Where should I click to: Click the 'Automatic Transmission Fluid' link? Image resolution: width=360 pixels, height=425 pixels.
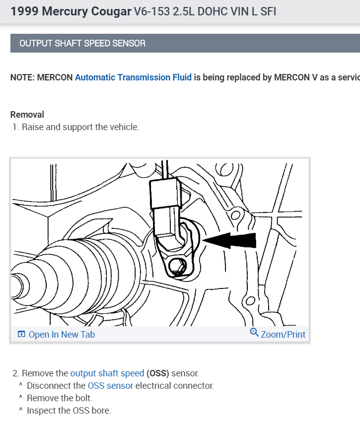(x=133, y=77)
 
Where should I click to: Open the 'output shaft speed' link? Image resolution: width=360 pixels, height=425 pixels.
(x=107, y=373)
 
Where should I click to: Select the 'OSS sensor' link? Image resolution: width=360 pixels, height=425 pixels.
(x=110, y=385)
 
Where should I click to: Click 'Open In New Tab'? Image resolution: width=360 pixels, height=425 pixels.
(x=62, y=335)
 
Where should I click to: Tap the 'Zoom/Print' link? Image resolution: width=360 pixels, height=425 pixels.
(x=283, y=334)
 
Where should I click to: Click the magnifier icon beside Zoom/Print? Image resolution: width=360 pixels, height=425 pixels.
(x=254, y=333)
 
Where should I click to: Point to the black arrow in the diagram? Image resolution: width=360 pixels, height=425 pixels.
(x=229, y=241)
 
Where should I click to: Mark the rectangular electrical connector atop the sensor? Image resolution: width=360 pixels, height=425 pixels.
(x=165, y=193)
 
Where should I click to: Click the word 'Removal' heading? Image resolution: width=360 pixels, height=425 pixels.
(x=27, y=115)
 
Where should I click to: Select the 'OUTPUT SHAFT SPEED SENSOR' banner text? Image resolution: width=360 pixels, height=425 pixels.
(x=82, y=43)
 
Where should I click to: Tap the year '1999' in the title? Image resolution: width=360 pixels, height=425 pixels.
(x=25, y=11)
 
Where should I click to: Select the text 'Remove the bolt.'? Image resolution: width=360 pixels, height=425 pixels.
(x=60, y=398)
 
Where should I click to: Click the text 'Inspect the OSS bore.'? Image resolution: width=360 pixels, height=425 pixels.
(x=69, y=410)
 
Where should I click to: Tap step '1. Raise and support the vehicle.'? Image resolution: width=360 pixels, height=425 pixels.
(x=75, y=127)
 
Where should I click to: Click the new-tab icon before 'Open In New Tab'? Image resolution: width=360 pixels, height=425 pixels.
(x=21, y=335)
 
